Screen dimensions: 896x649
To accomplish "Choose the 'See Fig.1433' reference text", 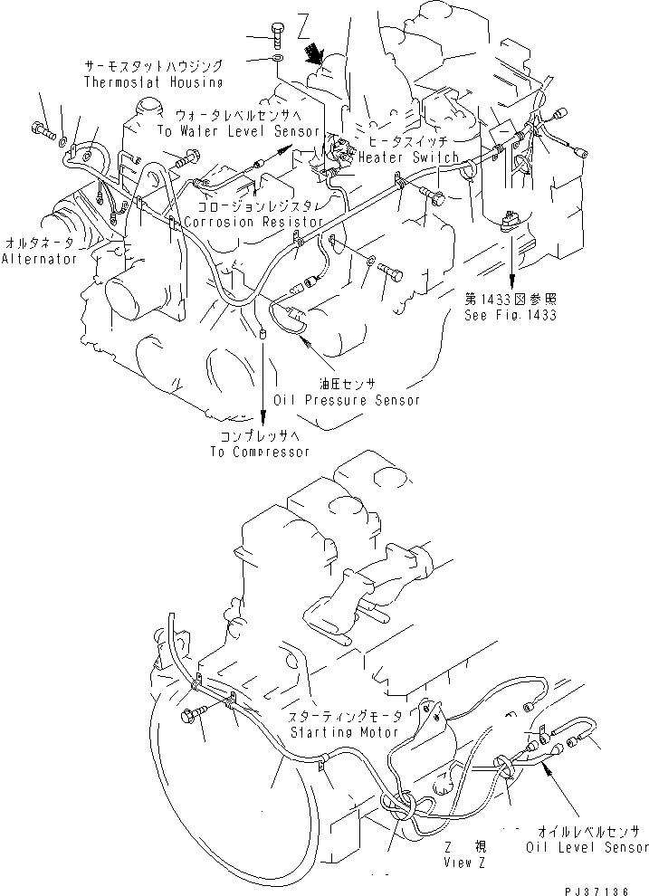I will (511, 315).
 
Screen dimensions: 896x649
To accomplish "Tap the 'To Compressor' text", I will (260, 452).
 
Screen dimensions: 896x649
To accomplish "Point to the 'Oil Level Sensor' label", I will (587, 847).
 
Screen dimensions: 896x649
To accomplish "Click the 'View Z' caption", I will (465, 863).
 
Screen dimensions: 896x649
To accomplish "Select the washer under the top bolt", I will (276, 60).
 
